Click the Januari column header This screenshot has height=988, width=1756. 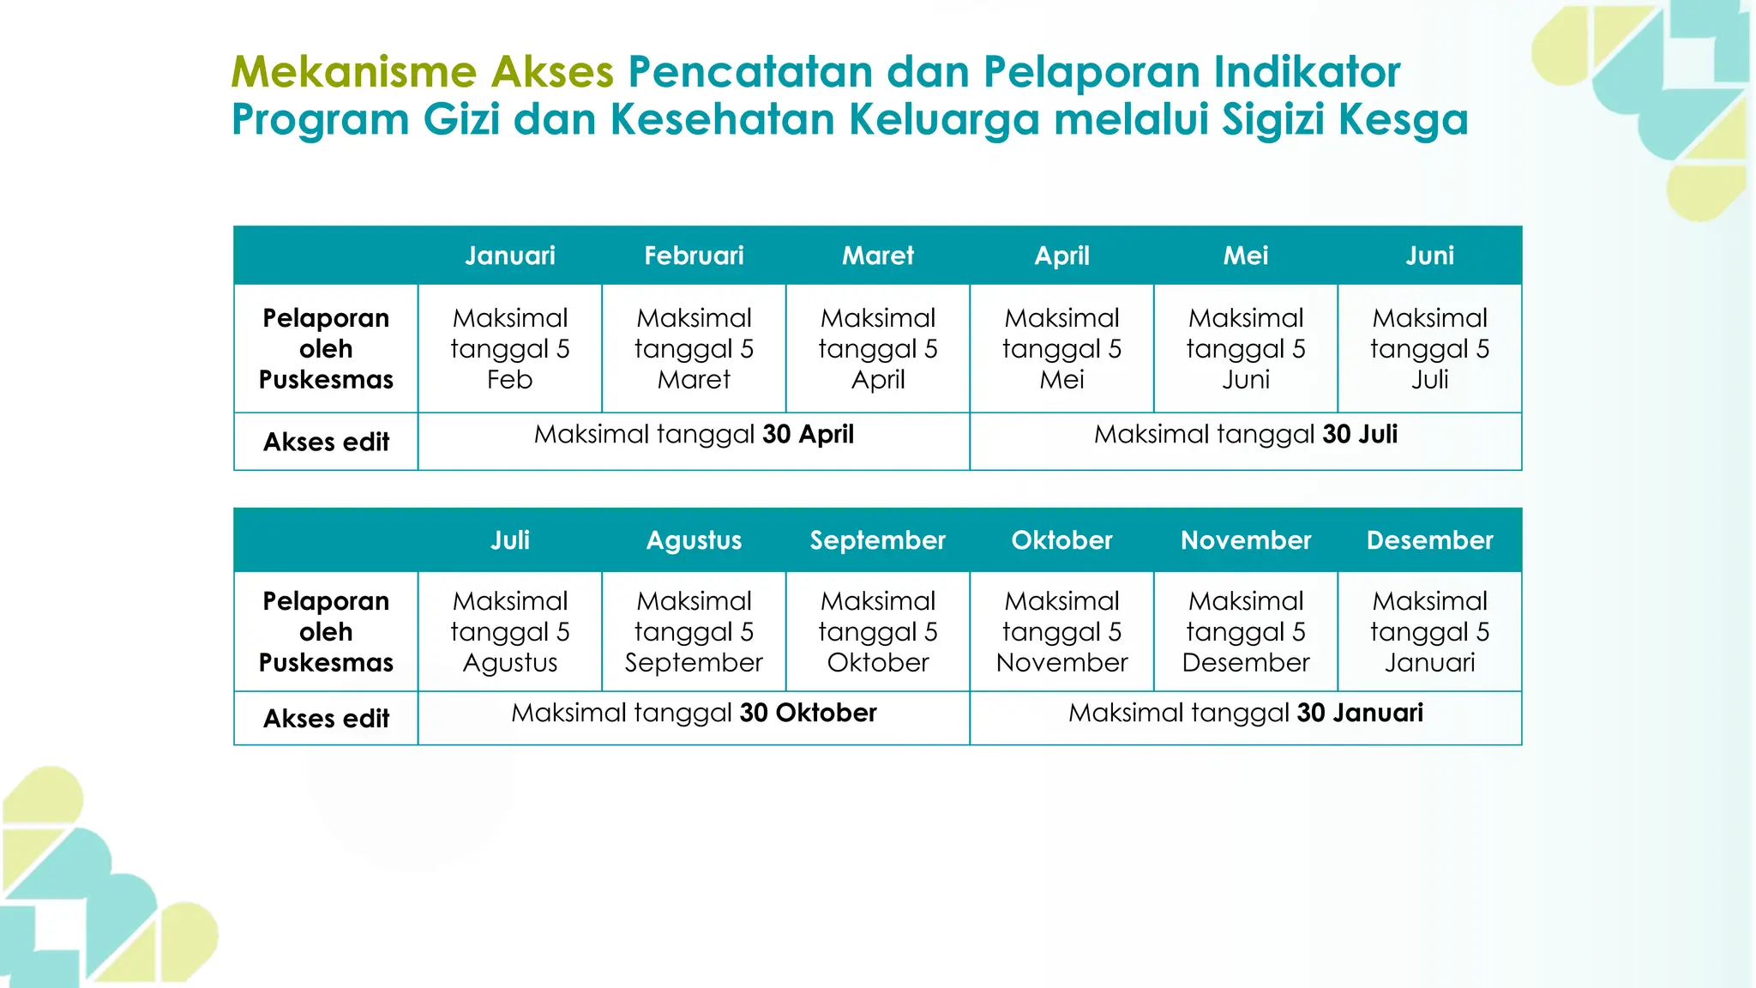[510, 256]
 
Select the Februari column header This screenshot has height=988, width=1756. [694, 256]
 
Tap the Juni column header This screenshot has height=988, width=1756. [1429, 256]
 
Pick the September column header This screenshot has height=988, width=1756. [877, 540]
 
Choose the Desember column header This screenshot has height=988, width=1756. [1429, 540]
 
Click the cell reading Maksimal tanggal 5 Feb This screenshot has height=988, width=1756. [510, 348]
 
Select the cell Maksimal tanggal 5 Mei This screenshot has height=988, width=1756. [1061, 348]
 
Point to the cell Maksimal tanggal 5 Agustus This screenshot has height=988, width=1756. [510, 631]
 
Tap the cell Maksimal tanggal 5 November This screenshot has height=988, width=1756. [1061, 631]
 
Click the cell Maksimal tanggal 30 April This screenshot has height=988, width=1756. [694, 435]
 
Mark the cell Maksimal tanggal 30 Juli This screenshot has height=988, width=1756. [1245, 435]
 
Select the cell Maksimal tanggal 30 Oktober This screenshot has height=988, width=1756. [694, 714]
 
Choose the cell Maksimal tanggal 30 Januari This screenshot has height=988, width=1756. [1245, 714]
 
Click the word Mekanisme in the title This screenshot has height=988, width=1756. [353, 72]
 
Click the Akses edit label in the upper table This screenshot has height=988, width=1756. [326, 442]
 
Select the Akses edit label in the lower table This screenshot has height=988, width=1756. [326, 719]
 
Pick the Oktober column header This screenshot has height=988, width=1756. [1061, 540]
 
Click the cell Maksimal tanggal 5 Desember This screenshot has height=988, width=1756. [1245, 631]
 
